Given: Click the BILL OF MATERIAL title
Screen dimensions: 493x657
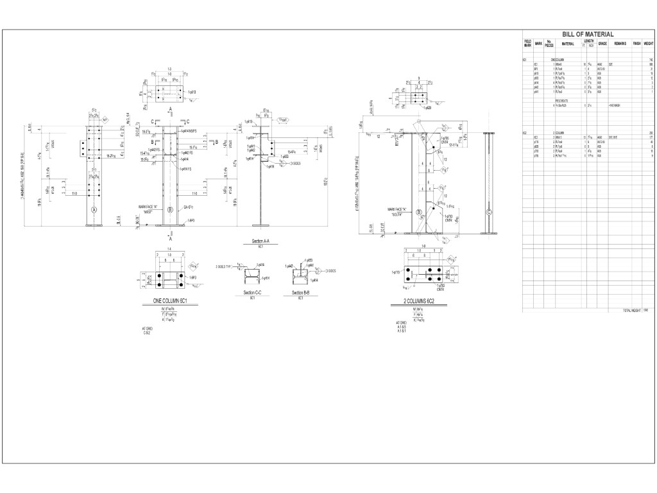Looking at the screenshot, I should [588, 35].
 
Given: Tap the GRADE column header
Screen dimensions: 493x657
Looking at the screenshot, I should [602, 44].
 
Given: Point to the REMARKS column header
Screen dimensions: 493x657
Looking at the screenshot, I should [620, 44].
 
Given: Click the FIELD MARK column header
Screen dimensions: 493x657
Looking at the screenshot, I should [527, 44].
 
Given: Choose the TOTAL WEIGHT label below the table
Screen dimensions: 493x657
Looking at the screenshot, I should [632, 310].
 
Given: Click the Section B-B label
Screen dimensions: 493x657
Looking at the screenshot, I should [302, 293].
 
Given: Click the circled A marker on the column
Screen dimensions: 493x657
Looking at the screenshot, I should [94, 210].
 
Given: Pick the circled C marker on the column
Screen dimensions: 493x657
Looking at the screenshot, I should [489, 212].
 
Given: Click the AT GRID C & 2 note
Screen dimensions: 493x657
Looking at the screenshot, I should [148, 331].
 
